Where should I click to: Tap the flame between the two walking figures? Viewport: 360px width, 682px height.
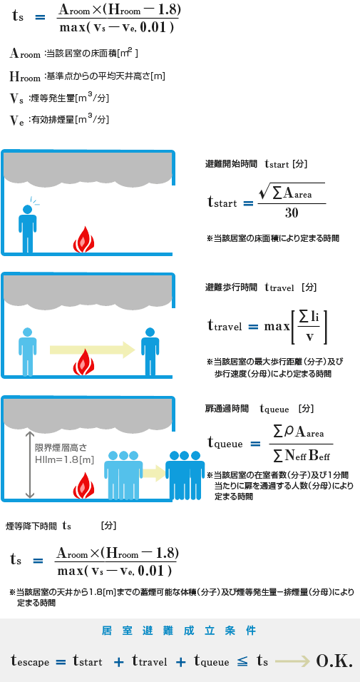84,362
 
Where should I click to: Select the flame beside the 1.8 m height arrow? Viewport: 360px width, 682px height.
84,485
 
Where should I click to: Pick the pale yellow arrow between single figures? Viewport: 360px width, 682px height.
92,349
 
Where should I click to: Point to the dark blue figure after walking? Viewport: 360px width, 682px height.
150,352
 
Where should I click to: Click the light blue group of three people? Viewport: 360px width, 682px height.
123,474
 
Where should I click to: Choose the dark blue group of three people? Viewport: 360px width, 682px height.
185,475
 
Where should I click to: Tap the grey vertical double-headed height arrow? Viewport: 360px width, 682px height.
29,465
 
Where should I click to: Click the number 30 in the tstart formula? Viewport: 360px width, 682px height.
292,213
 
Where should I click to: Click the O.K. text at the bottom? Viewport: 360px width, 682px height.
334,661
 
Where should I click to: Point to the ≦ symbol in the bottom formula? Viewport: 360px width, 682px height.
242,661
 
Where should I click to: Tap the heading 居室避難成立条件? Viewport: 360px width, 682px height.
179,631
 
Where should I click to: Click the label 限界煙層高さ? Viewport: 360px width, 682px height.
61,447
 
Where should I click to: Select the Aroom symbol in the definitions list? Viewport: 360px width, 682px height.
26,54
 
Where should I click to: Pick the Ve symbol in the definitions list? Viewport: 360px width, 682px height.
17,120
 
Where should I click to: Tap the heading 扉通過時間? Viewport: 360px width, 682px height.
227,409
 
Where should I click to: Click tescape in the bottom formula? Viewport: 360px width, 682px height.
30,662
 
